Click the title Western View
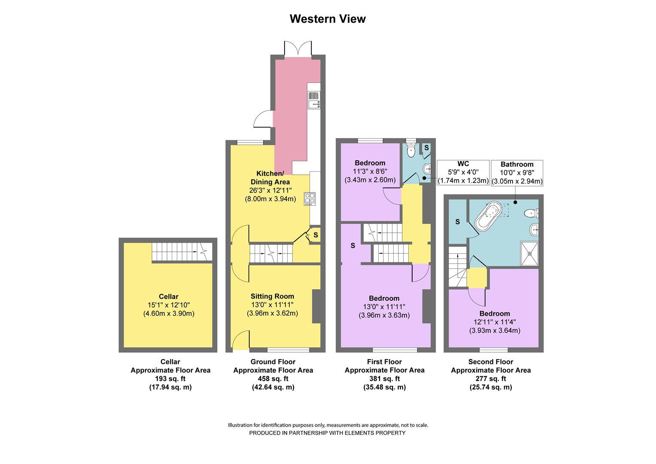(x=328, y=19)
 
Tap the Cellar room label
(x=168, y=296)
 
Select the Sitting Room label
(x=272, y=296)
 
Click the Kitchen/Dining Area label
(x=270, y=177)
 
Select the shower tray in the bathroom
(x=529, y=253)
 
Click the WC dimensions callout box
(x=463, y=172)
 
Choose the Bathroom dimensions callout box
(x=517, y=173)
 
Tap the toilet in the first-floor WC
(x=411, y=149)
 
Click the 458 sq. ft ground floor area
(x=273, y=379)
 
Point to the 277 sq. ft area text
(x=491, y=379)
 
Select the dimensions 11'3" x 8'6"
(x=370, y=171)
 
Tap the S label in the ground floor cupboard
(x=316, y=235)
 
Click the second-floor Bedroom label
(x=495, y=314)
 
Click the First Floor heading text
(x=384, y=362)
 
